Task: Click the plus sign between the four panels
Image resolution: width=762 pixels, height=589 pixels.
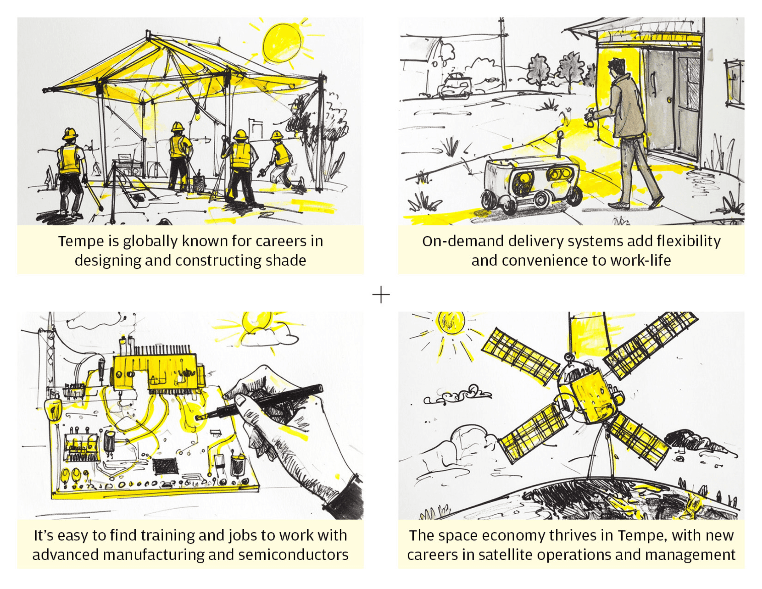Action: tap(381, 295)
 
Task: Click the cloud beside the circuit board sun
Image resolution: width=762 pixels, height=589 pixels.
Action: tap(270, 335)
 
